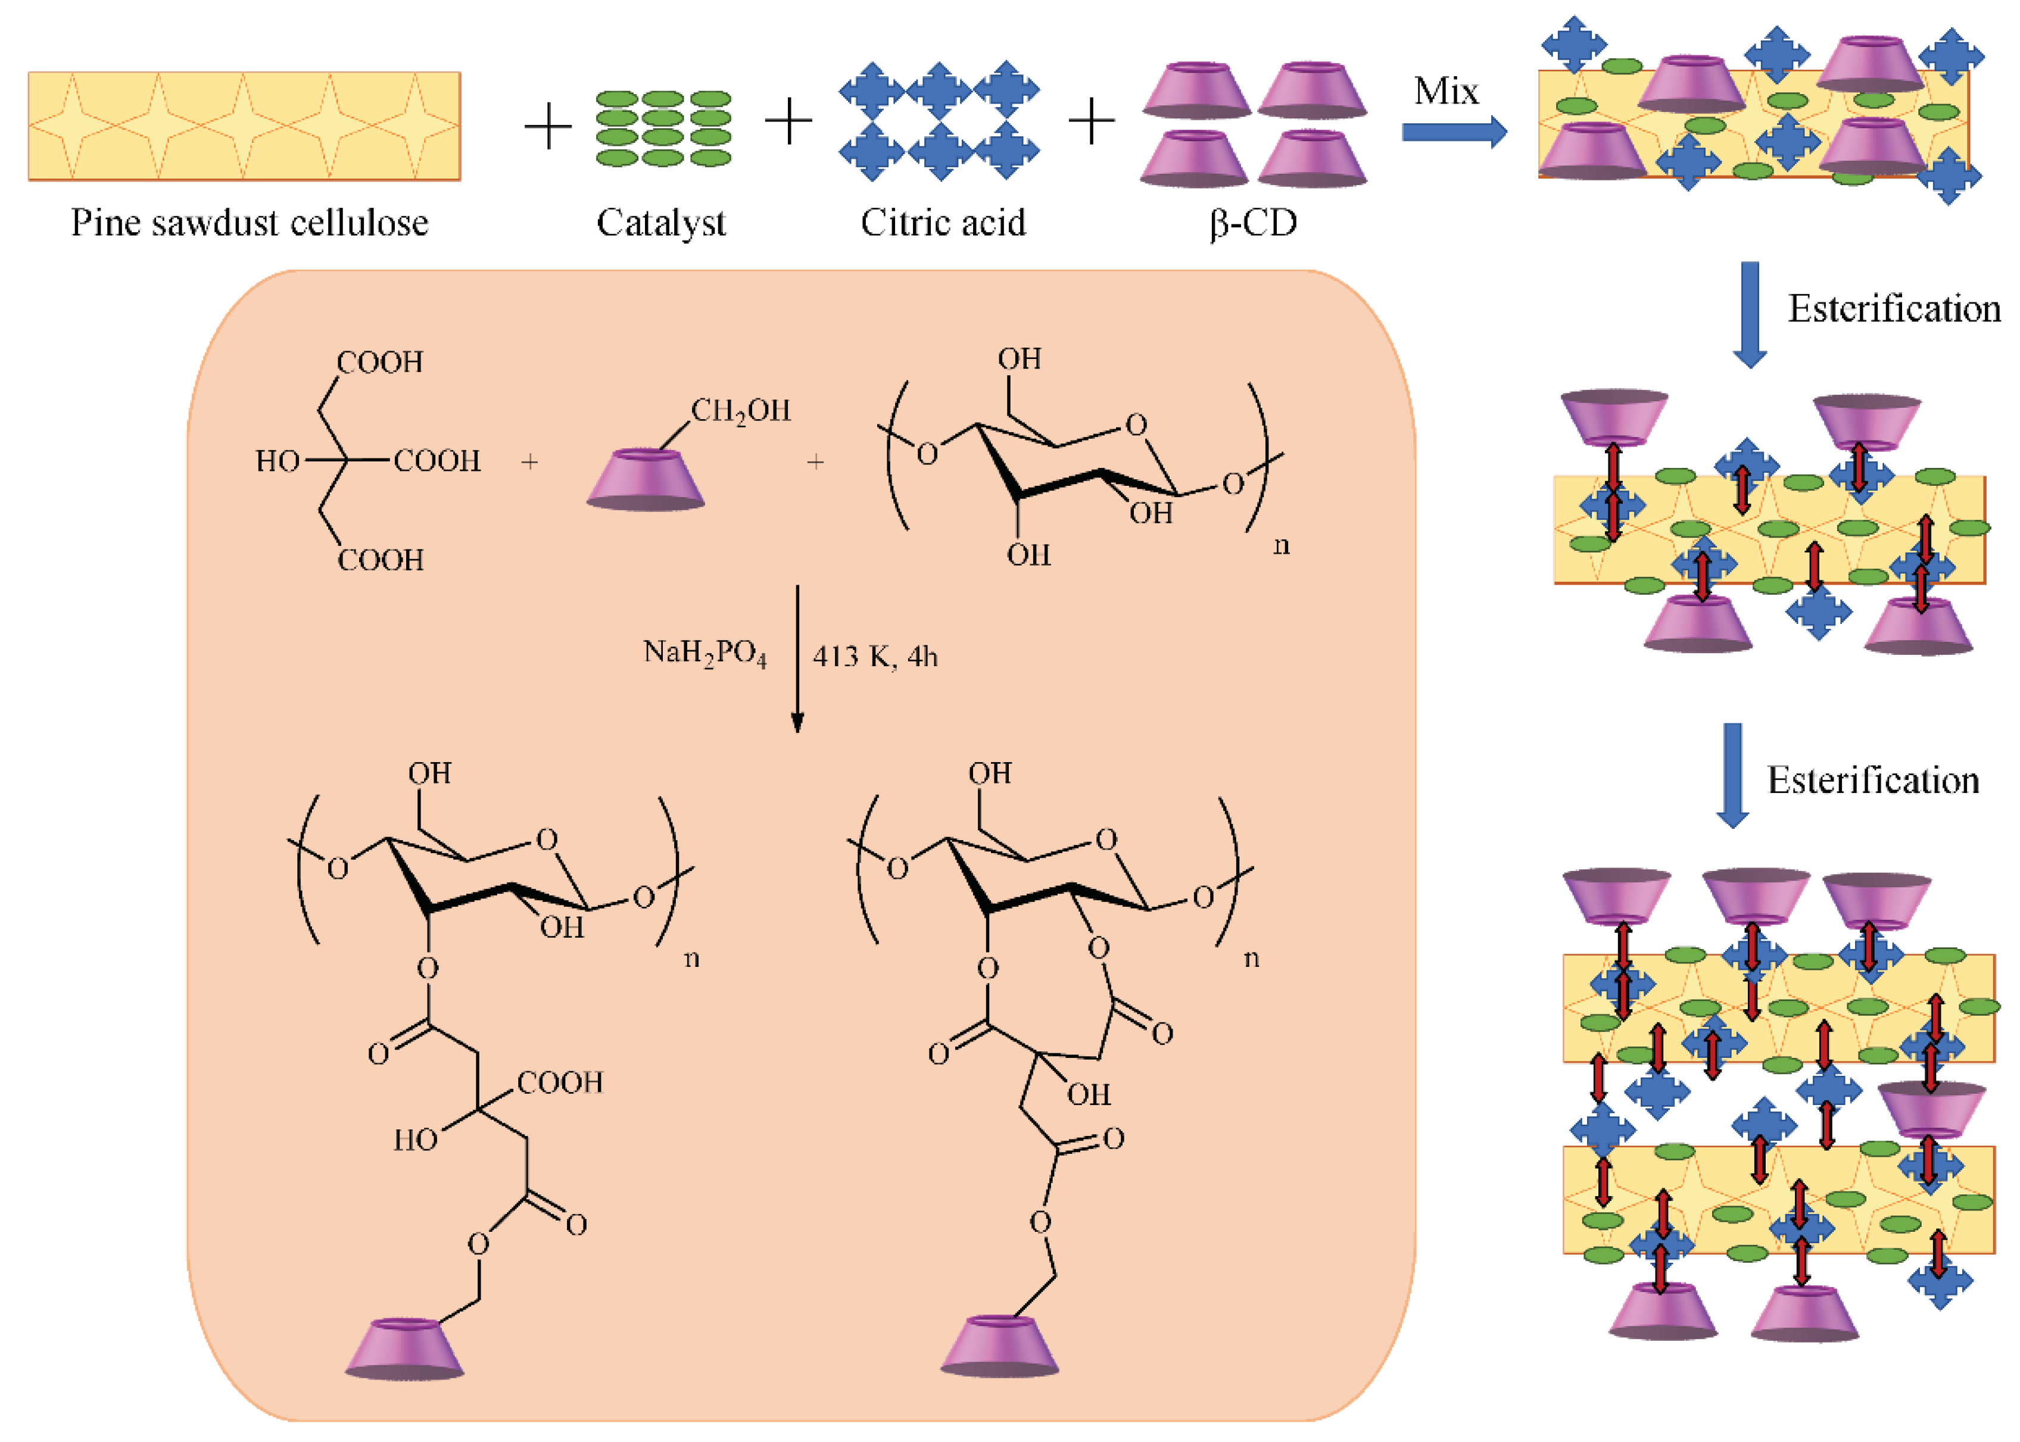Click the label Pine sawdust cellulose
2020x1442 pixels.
[x=250, y=223]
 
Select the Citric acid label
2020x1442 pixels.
[x=942, y=223]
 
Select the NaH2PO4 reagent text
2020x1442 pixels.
[x=704, y=654]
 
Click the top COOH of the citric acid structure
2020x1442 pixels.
[x=380, y=362]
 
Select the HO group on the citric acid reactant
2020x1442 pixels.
[x=277, y=461]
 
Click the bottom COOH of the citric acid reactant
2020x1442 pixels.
[x=380, y=560]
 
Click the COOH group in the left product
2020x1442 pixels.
[x=559, y=1082]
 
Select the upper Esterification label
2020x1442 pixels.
[x=1893, y=309]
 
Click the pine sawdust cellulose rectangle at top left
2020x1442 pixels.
[x=244, y=126]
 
